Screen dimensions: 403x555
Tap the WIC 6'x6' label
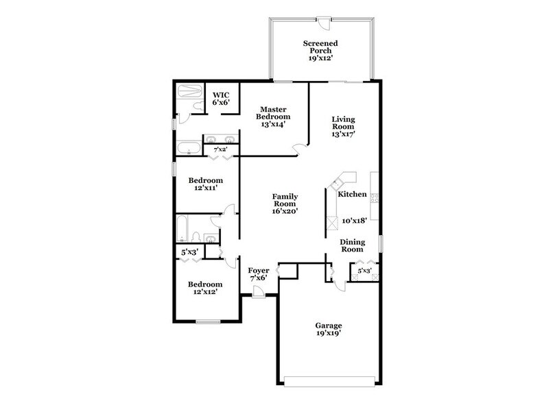[x=220, y=99]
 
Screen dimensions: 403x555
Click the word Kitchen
[x=352, y=195]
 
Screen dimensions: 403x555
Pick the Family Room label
[x=284, y=203]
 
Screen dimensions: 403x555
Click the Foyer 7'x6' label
[x=258, y=274]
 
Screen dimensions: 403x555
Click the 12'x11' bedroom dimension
[x=206, y=188]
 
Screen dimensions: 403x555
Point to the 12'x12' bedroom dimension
[x=206, y=293]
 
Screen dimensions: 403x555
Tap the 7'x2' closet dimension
[x=220, y=149]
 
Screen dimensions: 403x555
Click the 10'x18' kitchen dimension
[x=354, y=221]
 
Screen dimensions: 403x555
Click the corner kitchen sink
[x=338, y=184]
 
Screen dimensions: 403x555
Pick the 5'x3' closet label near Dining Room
[x=364, y=271]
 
